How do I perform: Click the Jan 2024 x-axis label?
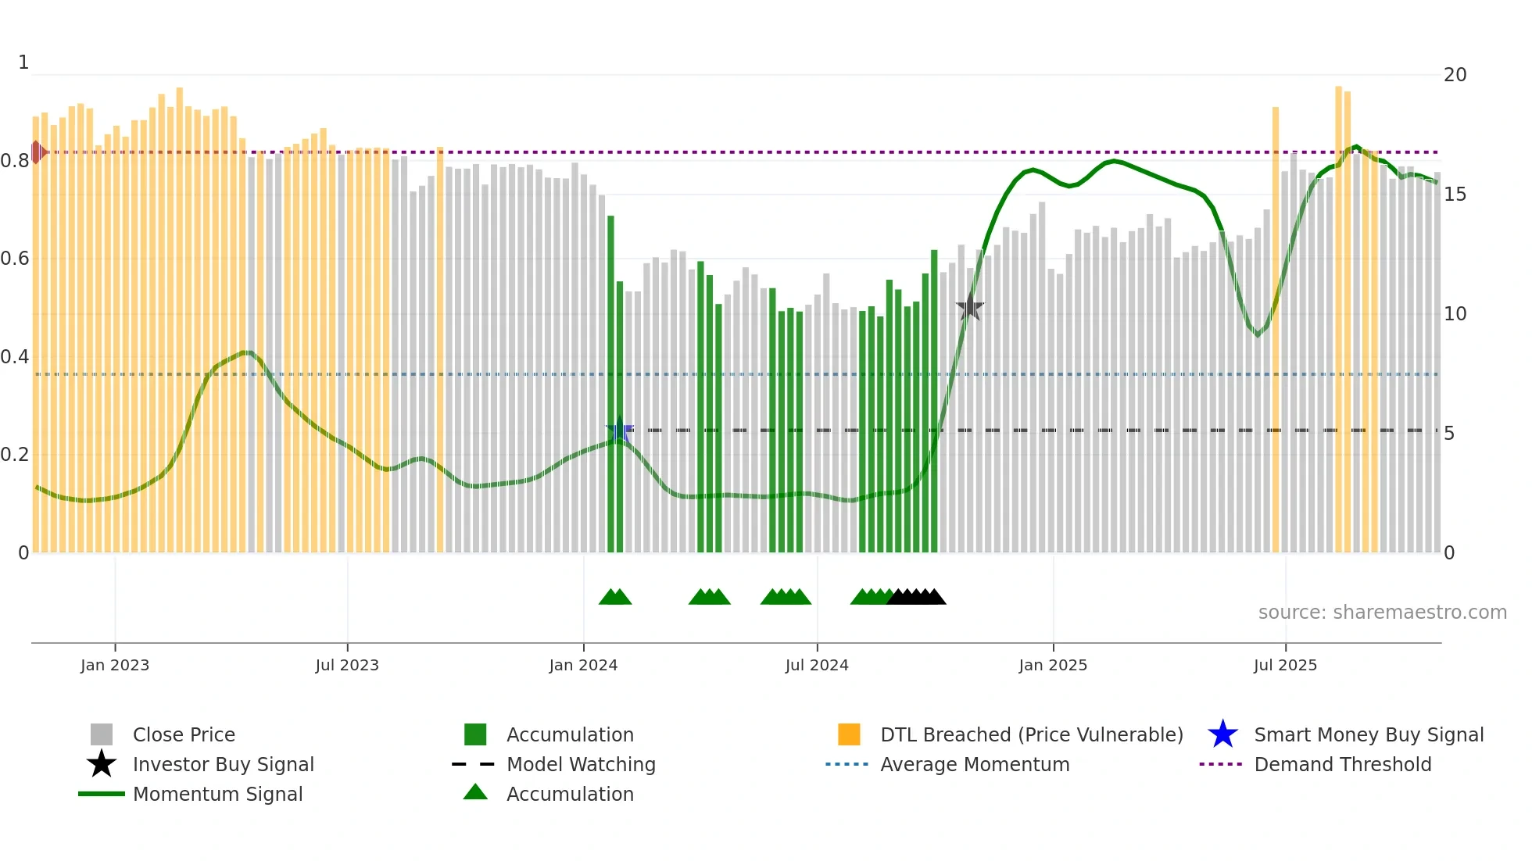tap(583, 665)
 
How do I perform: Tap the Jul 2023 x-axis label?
tap(347, 665)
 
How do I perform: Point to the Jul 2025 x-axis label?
tap(1285, 665)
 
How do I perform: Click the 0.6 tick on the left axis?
tap(15, 259)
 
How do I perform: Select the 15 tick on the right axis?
tap(1455, 195)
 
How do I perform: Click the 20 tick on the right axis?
tap(1455, 75)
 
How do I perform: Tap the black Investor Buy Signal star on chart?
tap(970, 307)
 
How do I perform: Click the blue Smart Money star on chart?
tap(620, 430)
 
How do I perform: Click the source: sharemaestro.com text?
tap(1382, 613)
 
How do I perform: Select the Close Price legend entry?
tap(184, 735)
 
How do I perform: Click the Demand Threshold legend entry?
tap(1342, 765)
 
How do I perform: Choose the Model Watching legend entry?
tap(580, 765)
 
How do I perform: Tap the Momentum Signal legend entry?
tap(217, 795)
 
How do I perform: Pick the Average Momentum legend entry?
tap(974, 765)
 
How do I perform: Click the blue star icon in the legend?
tap(1222, 735)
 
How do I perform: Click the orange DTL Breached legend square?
tap(849, 735)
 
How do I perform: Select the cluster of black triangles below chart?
tap(917, 597)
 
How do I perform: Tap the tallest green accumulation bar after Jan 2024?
tap(611, 383)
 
